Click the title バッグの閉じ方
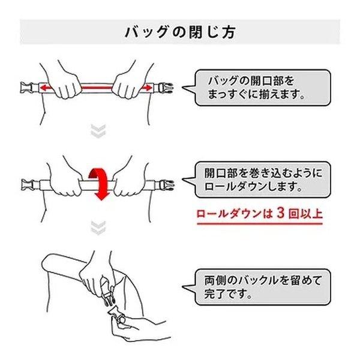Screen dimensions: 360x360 [180, 32]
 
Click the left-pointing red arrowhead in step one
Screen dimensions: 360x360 [43, 88]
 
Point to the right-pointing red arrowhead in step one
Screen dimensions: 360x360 [149, 88]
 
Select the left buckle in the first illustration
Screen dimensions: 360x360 [26, 88]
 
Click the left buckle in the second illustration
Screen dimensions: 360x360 [27, 185]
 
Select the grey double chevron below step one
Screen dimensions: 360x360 [98, 131]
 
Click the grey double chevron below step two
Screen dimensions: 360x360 [98, 228]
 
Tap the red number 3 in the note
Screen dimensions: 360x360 [281, 213]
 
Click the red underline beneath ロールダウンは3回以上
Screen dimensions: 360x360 [260, 223]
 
